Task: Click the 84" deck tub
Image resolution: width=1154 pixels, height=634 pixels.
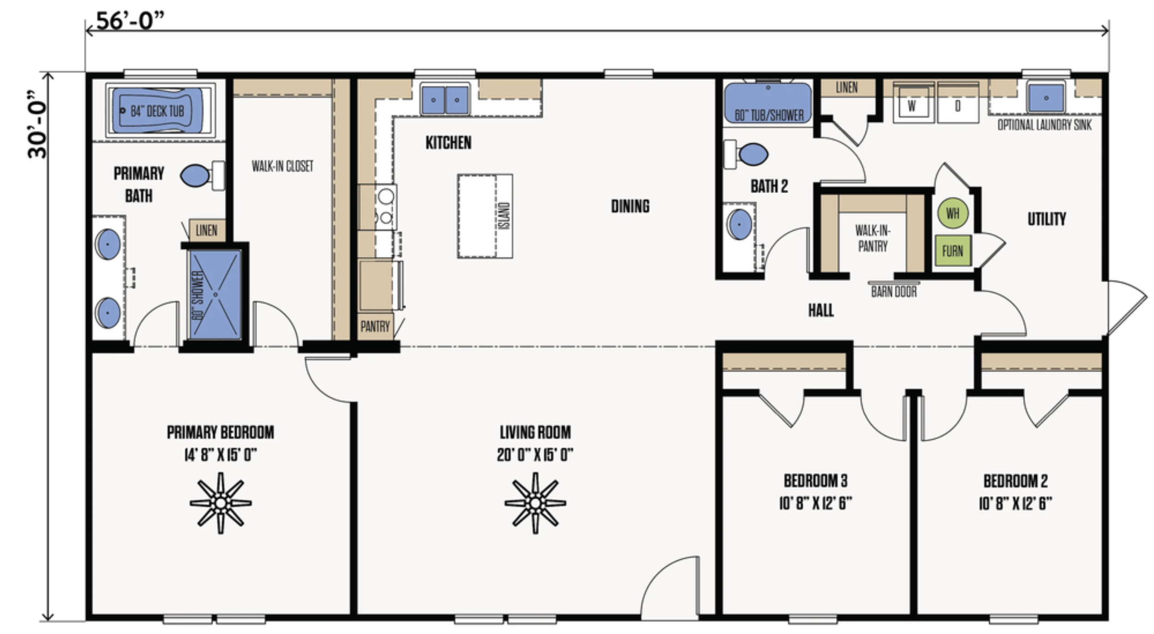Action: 160,110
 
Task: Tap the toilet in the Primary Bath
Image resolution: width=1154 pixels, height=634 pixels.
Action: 202,175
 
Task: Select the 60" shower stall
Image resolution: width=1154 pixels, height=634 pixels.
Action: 215,295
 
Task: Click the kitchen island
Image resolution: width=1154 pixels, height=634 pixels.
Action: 485,216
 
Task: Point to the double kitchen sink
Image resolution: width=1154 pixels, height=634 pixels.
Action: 445,99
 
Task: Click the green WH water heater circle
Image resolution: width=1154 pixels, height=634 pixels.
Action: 953,213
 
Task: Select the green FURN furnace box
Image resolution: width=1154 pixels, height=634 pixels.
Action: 953,251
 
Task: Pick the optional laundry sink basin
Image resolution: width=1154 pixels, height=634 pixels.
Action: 1046,97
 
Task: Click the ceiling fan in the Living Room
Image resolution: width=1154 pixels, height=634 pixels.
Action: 535,503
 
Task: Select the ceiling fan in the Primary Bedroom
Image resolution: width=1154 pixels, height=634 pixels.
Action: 221,503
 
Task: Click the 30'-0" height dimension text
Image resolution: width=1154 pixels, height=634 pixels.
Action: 37,124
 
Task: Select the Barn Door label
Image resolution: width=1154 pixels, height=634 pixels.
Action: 894,292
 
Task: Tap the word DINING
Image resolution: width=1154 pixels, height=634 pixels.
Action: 630,206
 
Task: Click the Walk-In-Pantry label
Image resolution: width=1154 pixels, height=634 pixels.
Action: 872,238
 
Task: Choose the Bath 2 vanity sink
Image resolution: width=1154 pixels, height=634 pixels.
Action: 739,224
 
